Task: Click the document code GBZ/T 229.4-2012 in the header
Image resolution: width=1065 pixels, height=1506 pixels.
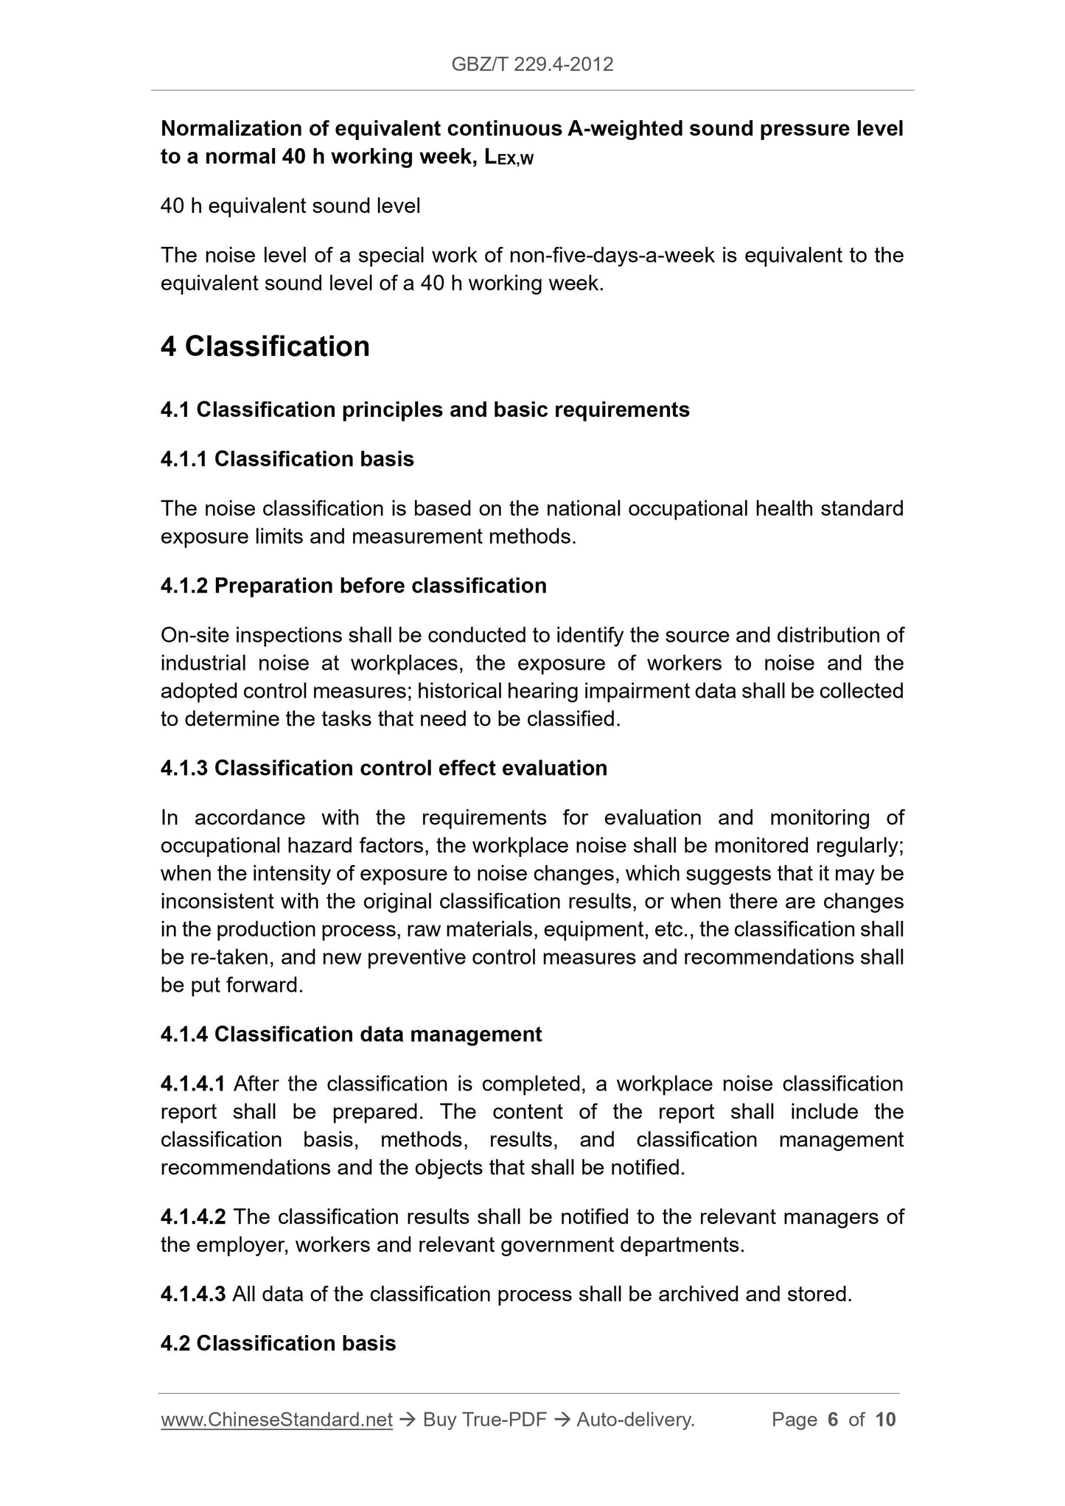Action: [532, 65]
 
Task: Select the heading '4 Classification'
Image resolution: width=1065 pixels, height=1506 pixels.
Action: [265, 346]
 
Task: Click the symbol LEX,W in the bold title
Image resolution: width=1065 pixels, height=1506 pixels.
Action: [509, 158]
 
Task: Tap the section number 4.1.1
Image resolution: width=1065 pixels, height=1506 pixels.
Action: [184, 459]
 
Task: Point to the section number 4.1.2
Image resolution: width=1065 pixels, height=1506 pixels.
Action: [184, 586]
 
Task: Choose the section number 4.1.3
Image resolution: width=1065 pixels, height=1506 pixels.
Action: [184, 768]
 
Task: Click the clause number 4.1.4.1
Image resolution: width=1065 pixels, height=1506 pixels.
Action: [193, 1084]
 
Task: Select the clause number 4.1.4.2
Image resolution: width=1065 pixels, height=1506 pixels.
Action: [193, 1216]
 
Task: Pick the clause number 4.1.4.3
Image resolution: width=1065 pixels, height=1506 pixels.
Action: [193, 1294]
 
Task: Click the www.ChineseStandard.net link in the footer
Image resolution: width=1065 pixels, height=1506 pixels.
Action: [276, 1420]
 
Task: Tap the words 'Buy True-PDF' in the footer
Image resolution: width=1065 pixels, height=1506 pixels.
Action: [484, 1420]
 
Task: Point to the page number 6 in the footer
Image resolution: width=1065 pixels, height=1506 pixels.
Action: [833, 1420]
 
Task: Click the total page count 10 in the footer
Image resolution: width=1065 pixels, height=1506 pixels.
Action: [885, 1420]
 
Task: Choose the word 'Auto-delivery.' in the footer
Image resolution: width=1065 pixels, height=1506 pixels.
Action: [635, 1420]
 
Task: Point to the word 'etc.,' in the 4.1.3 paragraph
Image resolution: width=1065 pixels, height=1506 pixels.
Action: [674, 930]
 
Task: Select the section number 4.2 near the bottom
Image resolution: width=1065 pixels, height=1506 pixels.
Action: [175, 1343]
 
